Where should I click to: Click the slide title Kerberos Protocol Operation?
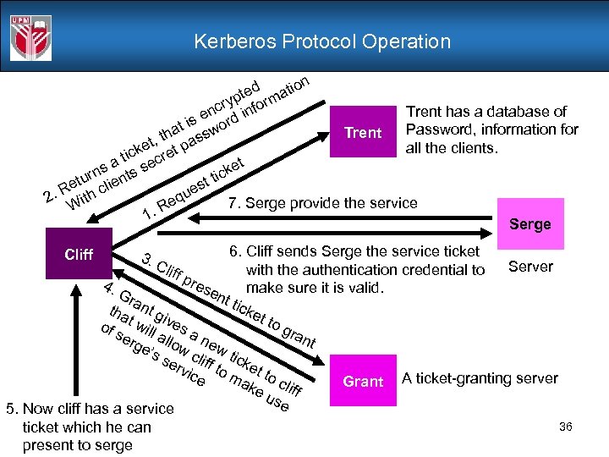point(322,41)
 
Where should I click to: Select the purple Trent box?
point(363,133)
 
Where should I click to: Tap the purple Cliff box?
point(79,255)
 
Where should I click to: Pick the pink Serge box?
point(529,223)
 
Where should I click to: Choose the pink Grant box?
point(363,382)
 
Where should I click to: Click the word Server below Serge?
point(530,267)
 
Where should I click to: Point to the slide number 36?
point(566,427)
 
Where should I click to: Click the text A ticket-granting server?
point(480,378)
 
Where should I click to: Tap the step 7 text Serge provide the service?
point(323,203)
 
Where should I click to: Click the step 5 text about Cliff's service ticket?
point(88,427)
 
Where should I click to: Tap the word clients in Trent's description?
point(468,148)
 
